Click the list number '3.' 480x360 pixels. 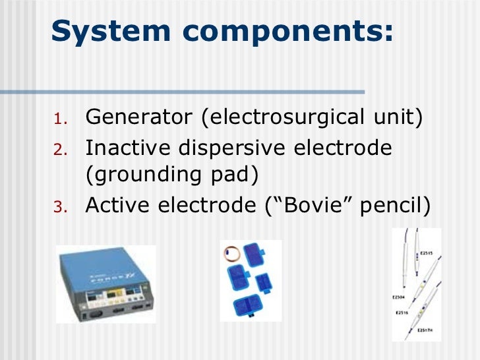point(59,208)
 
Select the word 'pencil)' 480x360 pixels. point(394,206)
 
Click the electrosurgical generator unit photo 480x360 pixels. point(105,284)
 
